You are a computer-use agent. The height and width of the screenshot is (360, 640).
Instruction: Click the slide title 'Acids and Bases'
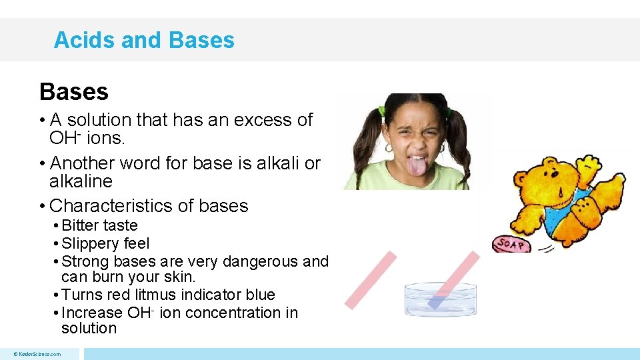pos(144,40)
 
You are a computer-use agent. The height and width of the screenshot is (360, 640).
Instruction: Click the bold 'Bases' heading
pos(74,91)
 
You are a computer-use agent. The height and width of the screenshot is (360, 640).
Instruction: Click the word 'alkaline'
pos(81,181)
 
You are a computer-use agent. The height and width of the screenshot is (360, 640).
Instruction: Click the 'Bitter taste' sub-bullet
pos(99,225)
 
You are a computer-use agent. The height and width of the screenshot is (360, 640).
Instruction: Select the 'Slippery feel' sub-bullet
pos(105,243)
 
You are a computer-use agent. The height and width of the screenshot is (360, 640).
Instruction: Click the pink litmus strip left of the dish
pos(371,279)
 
